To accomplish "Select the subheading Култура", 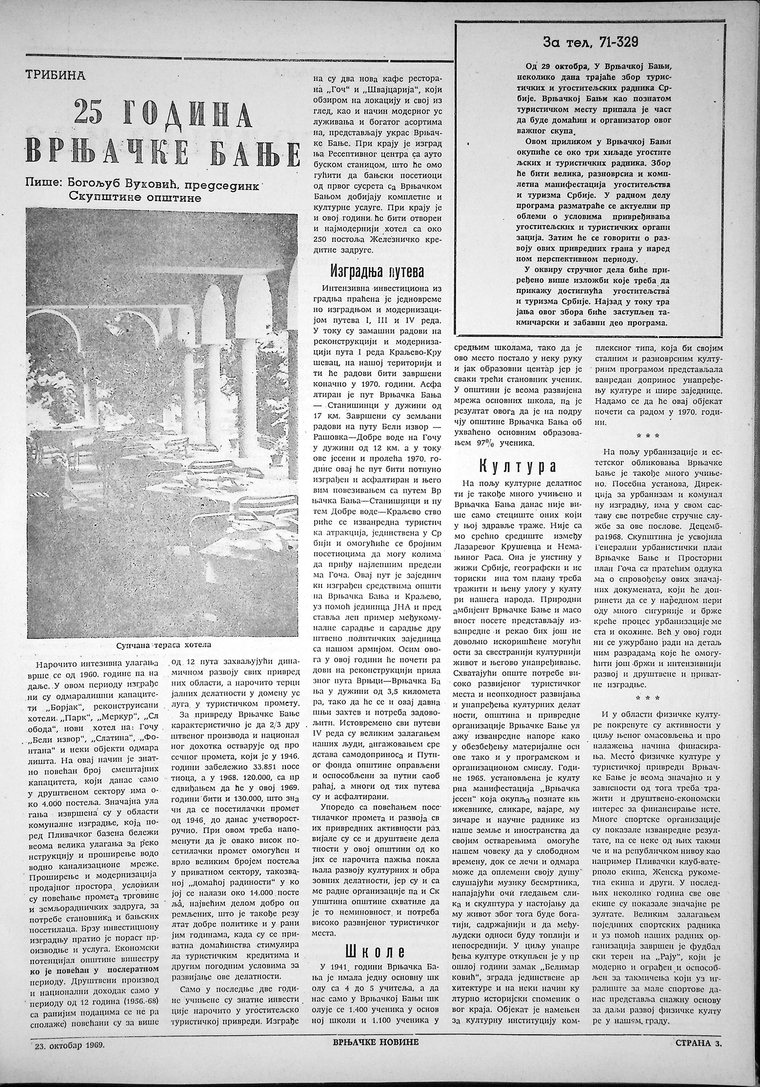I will (x=517, y=466).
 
